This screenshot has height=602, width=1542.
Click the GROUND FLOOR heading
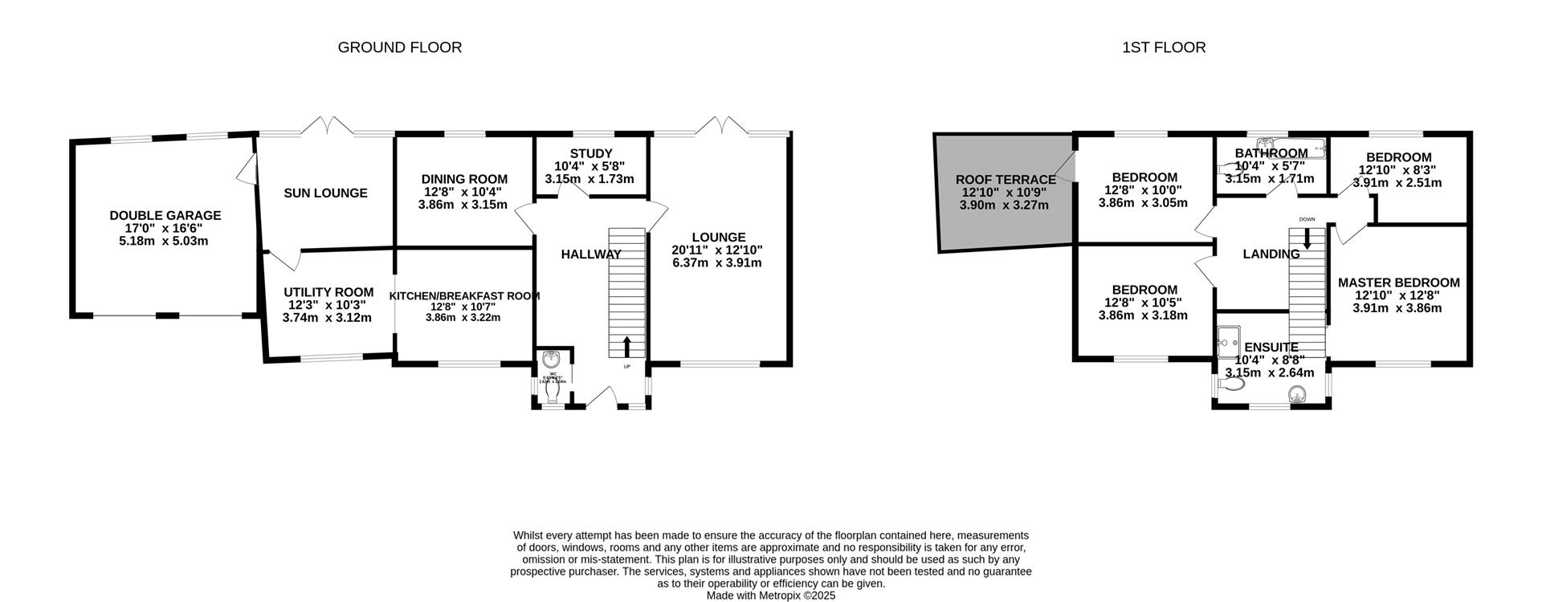pyautogui.click(x=399, y=47)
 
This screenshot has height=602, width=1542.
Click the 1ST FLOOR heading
pyautogui.click(x=1163, y=47)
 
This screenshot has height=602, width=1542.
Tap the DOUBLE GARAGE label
pyautogui.click(x=165, y=215)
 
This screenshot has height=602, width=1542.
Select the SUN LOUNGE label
pyautogui.click(x=325, y=193)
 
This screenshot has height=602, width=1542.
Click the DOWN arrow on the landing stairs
pyautogui.click(x=1307, y=238)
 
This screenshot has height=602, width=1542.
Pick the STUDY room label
pyautogui.click(x=591, y=153)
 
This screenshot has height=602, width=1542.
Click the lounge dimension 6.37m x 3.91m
pyautogui.click(x=716, y=262)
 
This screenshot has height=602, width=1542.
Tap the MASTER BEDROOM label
pyautogui.click(x=1398, y=283)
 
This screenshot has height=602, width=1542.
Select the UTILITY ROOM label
pyautogui.click(x=328, y=292)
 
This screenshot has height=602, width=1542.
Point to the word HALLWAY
pyautogui.click(x=590, y=254)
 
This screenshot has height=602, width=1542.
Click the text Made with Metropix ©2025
pyautogui.click(x=771, y=596)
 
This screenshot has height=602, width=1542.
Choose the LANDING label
pyautogui.click(x=1271, y=254)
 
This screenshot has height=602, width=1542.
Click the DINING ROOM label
pyautogui.click(x=464, y=179)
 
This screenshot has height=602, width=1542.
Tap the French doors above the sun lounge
pyautogui.click(x=325, y=126)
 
